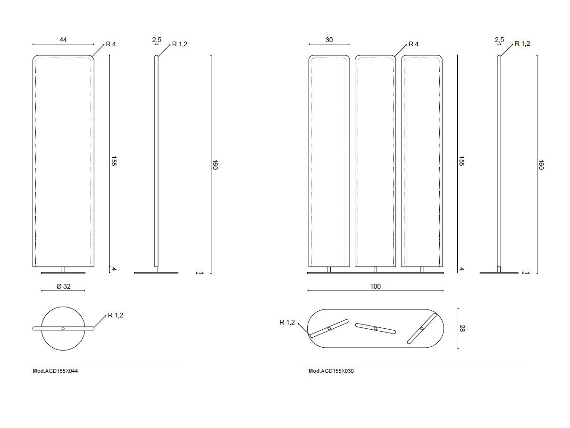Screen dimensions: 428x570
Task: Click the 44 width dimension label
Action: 63,40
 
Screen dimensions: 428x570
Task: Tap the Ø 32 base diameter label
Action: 63,286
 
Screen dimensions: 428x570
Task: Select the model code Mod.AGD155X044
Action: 55,371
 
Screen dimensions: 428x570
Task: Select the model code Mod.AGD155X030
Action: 331,371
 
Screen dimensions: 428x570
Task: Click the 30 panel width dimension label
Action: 329,40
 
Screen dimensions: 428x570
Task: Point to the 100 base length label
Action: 376,286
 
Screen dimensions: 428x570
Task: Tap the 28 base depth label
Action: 462,328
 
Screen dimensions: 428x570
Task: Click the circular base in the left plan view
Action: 63,340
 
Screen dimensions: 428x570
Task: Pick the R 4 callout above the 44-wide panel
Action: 110,44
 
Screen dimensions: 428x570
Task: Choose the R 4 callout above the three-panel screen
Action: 413,44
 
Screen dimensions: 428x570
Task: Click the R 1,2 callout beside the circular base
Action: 116,315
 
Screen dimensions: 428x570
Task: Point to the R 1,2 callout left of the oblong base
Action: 287,322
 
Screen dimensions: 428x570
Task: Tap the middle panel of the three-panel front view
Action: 375,161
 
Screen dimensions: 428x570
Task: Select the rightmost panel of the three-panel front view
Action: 422,161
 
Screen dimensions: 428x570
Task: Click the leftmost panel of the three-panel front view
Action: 329,161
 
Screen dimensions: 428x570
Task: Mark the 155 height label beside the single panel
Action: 114,161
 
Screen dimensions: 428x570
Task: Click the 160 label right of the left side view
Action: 215,165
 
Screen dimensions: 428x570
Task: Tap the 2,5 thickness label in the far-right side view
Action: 499,40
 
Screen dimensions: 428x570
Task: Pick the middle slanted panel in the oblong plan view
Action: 376,328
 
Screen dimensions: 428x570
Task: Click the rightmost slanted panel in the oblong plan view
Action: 422,328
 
